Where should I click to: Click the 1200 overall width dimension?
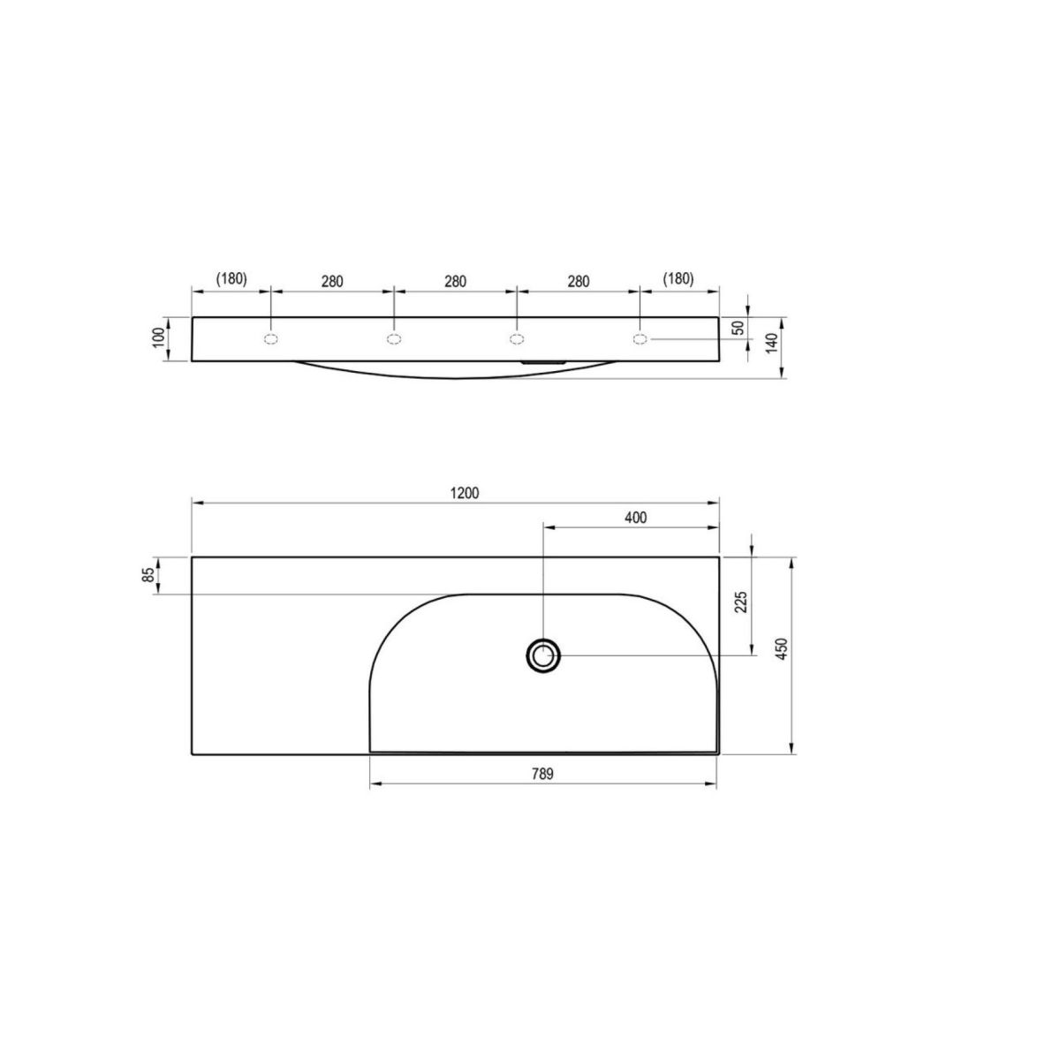point(465,494)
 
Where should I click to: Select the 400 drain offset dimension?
point(636,518)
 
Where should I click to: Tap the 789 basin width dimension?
point(542,774)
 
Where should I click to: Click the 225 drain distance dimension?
point(741,603)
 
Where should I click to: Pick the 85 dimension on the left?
point(148,575)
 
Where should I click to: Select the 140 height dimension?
point(772,344)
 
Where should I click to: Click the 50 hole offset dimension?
point(740,328)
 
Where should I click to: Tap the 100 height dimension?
point(158,337)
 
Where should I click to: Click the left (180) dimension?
point(231,279)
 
